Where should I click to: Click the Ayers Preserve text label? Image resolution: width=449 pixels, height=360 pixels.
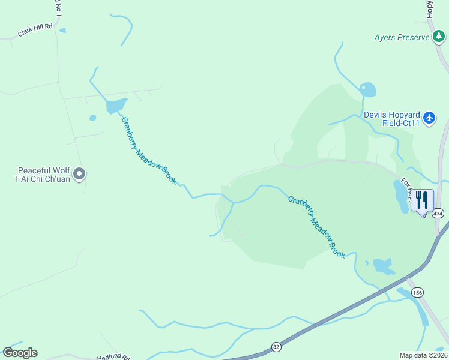click(x=402, y=37)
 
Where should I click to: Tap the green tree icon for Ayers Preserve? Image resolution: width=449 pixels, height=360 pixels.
click(x=439, y=37)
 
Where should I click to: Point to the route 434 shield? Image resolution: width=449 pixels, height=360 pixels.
click(x=439, y=214)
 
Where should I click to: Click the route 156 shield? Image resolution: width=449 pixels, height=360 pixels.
click(x=418, y=292)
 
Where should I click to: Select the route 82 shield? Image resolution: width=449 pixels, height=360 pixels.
click(x=276, y=346)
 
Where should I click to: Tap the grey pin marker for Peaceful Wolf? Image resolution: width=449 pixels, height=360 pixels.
click(x=79, y=175)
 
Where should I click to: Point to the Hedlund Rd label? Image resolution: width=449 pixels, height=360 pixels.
click(x=113, y=356)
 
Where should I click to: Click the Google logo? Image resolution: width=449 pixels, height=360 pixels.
click(x=20, y=353)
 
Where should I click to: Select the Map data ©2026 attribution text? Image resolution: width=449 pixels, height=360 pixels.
click(x=423, y=355)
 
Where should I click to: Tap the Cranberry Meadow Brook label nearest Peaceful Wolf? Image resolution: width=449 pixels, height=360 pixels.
click(x=149, y=151)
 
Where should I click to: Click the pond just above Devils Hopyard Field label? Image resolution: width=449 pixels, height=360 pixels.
click(x=367, y=91)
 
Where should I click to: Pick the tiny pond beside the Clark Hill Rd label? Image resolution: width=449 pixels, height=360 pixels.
click(x=62, y=30)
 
